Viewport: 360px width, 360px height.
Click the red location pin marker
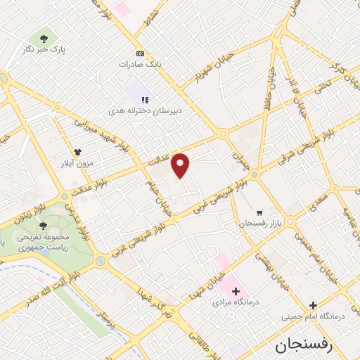coord(181,165)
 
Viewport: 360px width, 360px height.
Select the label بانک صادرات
coord(159,63)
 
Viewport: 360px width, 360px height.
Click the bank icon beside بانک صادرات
coord(139,53)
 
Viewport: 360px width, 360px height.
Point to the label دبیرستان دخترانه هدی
coord(146,111)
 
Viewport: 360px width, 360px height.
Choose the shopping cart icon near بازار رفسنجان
coord(259,212)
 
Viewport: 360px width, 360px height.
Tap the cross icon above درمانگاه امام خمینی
coord(314,305)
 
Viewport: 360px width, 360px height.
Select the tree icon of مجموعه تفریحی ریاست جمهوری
coord(44,226)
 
